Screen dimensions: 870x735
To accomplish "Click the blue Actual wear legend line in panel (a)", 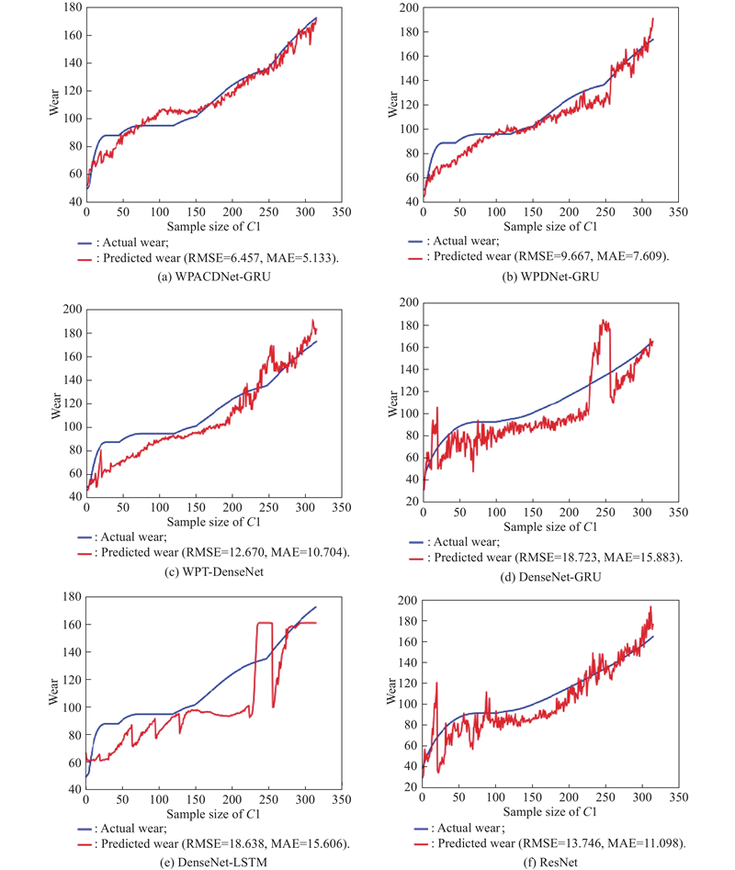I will tap(88, 242).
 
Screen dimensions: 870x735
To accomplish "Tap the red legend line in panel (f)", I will tap(424, 844).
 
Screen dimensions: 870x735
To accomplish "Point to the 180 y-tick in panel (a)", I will tap(70, 8).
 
